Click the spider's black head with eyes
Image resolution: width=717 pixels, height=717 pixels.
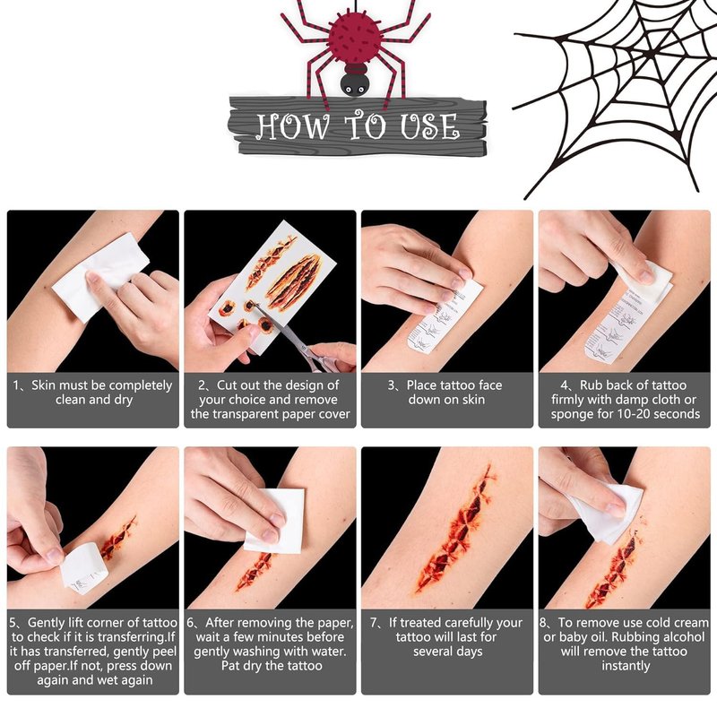pyautogui.click(x=354, y=83)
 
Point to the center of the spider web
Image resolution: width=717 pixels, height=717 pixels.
pyautogui.click(x=650, y=54)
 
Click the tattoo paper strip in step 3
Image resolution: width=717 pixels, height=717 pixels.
pyautogui.click(x=445, y=318)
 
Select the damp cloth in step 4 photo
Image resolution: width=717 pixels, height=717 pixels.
pyautogui.click(x=645, y=280)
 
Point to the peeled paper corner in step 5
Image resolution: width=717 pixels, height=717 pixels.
pyautogui.click(x=83, y=568)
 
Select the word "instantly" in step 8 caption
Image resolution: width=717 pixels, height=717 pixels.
pyautogui.click(x=626, y=666)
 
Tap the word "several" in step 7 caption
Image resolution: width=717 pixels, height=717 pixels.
pyautogui.click(x=433, y=652)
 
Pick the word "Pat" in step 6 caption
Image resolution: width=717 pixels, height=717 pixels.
pyautogui.click(x=231, y=666)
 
